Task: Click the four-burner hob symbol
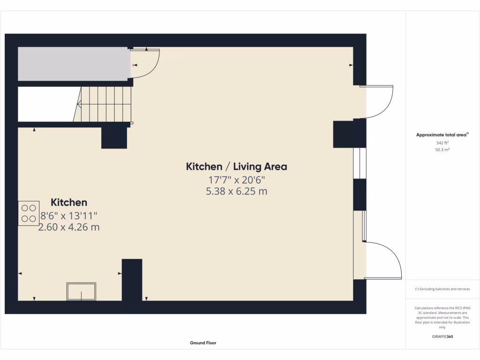[x=29, y=213]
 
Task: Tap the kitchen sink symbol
[x=81, y=291]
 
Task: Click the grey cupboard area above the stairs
[x=74, y=64]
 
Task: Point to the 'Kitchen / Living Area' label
[x=236, y=166]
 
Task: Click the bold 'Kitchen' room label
[x=69, y=202]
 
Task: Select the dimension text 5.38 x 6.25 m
[x=236, y=191]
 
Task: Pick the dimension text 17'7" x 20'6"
[x=236, y=179]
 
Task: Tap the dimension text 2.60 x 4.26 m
[x=69, y=227]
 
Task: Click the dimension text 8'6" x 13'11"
[x=69, y=216]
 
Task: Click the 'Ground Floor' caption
[x=203, y=343]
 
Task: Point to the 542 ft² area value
[x=442, y=142]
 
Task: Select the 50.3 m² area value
[x=442, y=150]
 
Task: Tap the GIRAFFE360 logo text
[x=442, y=337]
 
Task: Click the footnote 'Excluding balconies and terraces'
[x=442, y=289]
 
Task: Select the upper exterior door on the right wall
[x=379, y=102]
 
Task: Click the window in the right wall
[x=360, y=163]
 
